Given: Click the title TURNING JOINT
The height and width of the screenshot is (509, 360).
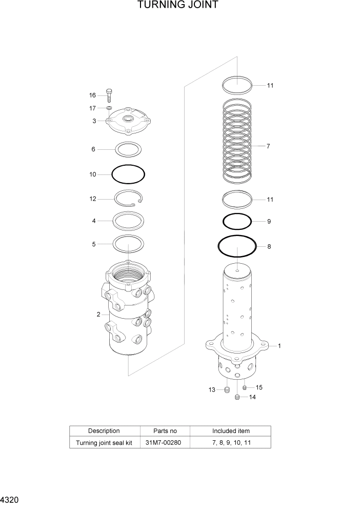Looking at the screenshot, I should click(x=178, y=6).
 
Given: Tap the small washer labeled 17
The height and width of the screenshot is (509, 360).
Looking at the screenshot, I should click(x=109, y=108).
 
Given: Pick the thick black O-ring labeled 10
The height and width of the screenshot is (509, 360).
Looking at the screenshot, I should click(x=128, y=174).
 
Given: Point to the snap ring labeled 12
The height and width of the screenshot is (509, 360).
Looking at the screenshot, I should click(x=131, y=199).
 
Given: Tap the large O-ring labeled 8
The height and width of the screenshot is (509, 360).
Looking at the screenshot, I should click(x=237, y=247).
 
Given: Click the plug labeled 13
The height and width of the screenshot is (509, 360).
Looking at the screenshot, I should click(x=227, y=391).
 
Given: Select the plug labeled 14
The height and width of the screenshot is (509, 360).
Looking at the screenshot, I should click(x=237, y=397).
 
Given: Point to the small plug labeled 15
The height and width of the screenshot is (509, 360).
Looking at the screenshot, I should click(x=245, y=387).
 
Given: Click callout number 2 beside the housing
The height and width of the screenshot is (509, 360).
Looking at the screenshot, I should click(x=98, y=315).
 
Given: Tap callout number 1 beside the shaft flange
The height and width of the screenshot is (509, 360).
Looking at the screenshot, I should click(x=279, y=346).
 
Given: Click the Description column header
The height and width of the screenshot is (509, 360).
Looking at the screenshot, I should click(x=104, y=431).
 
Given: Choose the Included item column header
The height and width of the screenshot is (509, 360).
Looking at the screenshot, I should click(x=231, y=431).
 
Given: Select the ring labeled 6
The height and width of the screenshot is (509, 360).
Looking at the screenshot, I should click(x=128, y=149).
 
